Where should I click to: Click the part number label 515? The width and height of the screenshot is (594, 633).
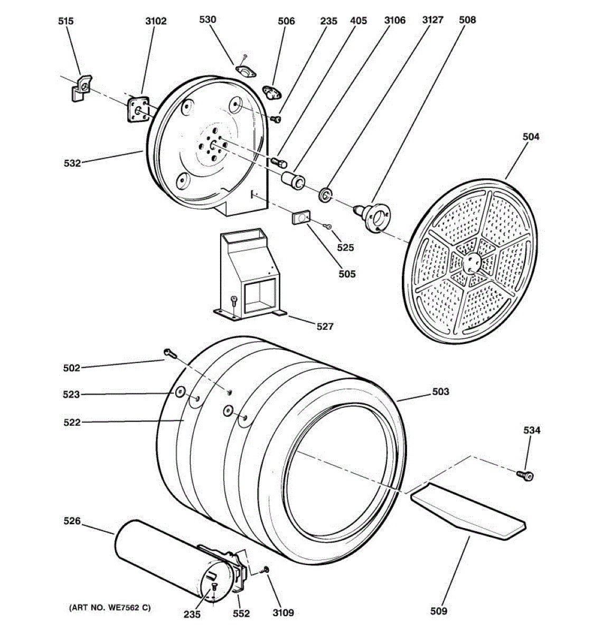pos(66,21)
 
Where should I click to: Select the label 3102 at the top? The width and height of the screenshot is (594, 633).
pos(156,21)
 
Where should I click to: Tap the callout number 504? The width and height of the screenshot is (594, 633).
pos(531,137)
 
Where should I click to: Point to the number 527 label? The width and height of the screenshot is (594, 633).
pos(325,327)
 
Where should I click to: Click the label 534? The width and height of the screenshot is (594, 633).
pos(532,430)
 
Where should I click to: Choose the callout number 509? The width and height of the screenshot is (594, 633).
pos(438,611)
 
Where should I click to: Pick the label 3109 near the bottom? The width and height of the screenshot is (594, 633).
pos(283,612)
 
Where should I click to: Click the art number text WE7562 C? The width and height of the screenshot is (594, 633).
pos(110,608)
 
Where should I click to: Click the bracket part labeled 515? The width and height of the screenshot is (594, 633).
pos(81,87)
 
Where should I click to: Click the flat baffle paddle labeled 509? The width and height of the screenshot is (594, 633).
pos(469,511)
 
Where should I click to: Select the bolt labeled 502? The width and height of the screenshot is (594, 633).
pos(169,353)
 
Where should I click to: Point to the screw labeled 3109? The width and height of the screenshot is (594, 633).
pos(266,569)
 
